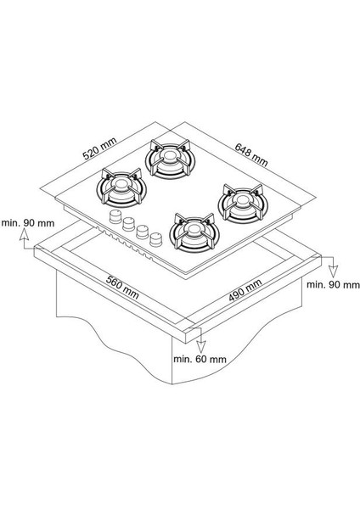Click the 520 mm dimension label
coord(99,148)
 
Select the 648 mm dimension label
coord(251,155)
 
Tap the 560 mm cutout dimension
coord(122,288)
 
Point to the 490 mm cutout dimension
coord(245,290)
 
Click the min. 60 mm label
coord(200,359)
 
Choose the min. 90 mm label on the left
coord(28,223)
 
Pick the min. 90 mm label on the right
coord(333,285)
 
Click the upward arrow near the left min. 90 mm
coord(24,238)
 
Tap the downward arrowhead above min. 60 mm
coord(201,347)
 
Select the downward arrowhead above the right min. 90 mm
coord(333,271)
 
